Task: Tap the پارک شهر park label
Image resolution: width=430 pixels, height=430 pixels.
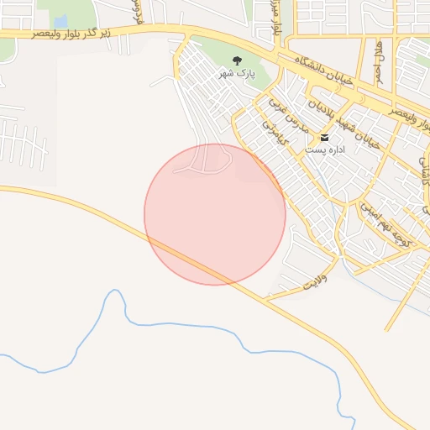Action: [x=237, y=74]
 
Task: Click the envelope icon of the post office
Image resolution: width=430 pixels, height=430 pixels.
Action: [x=324, y=137]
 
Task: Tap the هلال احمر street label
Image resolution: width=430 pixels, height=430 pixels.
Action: [x=380, y=57]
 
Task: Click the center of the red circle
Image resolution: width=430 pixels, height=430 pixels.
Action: [x=215, y=214]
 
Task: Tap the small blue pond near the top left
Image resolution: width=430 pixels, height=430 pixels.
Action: [x=60, y=20]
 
